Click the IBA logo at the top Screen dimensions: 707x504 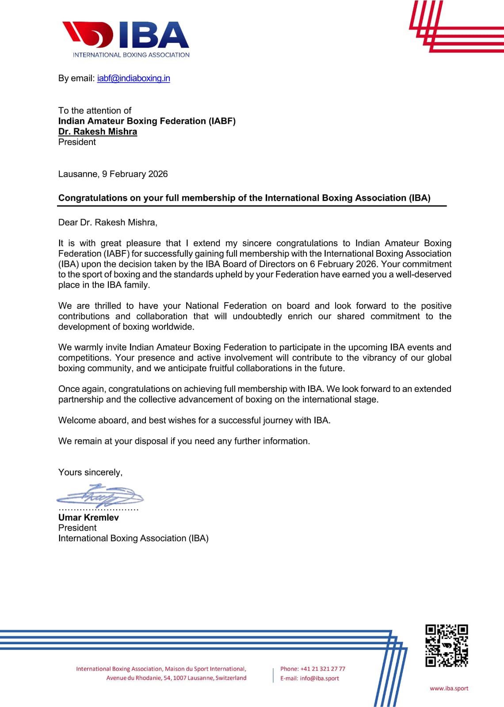[x=126, y=39]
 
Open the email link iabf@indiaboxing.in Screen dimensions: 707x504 [x=134, y=78]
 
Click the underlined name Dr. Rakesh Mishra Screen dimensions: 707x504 [x=98, y=132]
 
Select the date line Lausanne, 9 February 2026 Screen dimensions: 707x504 [x=113, y=174]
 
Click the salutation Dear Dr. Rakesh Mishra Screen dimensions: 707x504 [x=107, y=222]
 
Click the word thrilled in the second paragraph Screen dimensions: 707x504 [x=107, y=306]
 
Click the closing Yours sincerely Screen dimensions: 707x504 [x=90, y=472]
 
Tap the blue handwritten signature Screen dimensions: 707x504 [x=99, y=496]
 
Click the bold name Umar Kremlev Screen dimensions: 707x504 [x=88, y=517]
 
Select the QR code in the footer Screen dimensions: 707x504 [x=447, y=646]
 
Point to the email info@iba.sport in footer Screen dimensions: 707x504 [x=319, y=678]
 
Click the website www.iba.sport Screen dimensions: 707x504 [x=449, y=688]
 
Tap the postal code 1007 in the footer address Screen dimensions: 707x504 [x=179, y=678]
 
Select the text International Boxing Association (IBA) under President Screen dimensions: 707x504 [x=133, y=538]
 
